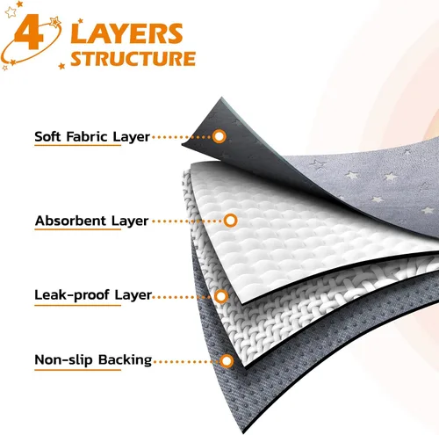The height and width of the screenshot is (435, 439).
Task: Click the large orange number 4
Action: pyautogui.click(x=29, y=33)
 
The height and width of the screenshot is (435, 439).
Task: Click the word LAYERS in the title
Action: pyautogui.click(x=126, y=33)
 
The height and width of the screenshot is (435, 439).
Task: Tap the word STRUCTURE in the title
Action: pyautogui.click(x=133, y=59)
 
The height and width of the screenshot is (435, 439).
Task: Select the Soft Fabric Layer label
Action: pyautogui.click(x=92, y=137)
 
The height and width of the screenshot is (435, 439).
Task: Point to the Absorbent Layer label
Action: pyautogui.click(x=91, y=221)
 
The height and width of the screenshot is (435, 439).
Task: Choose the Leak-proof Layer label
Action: pyautogui.click(x=93, y=295)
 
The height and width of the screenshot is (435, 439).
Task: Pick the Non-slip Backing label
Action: pyautogui.click(x=93, y=360)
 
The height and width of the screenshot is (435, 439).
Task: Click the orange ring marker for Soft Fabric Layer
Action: pyautogui.click(x=219, y=136)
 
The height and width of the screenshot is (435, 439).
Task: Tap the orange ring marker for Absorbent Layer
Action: pyautogui.click(x=230, y=221)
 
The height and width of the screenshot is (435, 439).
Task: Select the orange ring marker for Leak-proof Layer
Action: pyautogui.click(x=221, y=296)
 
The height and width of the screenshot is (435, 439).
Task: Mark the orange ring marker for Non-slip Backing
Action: pyautogui.click(x=227, y=361)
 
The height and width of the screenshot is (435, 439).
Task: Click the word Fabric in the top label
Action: pyautogui.click(x=87, y=136)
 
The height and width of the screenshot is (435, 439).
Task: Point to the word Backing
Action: pyautogui.click(x=125, y=360)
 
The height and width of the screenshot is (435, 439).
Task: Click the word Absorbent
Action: pyautogui.click(x=71, y=221)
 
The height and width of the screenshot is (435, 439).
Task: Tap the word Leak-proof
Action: pyautogui.click(x=72, y=295)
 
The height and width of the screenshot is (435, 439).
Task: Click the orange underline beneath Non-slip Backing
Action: pyautogui.click(x=77, y=370)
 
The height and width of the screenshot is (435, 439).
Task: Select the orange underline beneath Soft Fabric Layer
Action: pyautogui.click(x=77, y=145)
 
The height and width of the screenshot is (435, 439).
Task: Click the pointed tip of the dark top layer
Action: pyautogui.click(x=221, y=98)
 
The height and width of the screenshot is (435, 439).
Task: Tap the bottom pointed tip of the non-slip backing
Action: pyautogui.click(x=243, y=431)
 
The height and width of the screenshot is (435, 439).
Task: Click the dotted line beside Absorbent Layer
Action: pyautogui.click(x=187, y=221)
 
